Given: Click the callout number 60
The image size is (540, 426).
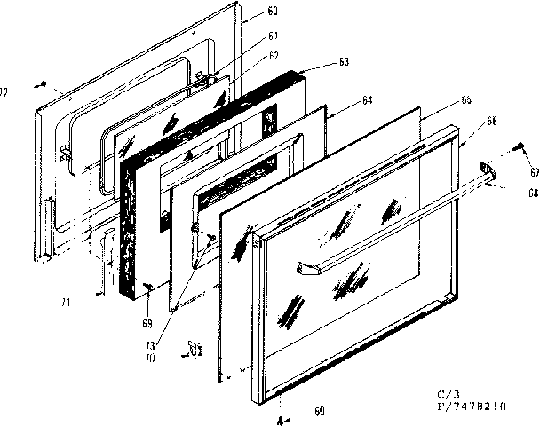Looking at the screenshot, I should pyautogui.click(x=272, y=11).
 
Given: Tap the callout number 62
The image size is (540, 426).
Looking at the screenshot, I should pyautogui.click(x=274, y=55).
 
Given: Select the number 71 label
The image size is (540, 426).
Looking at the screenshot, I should pyautogui.click(x=65, y=302).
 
